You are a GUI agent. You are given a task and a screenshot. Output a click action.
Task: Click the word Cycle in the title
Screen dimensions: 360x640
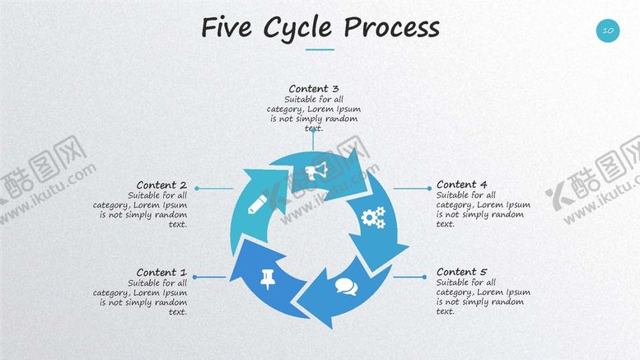[x=298, y=28]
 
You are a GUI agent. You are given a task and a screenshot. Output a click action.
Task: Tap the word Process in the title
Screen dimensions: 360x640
[x=391, y=28]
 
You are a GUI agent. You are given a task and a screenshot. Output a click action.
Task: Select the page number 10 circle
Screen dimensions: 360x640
[x=607, y=30]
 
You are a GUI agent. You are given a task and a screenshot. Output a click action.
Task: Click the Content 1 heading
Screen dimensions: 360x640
[x=161, y=273]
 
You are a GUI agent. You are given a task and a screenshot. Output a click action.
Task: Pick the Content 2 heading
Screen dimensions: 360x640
[x=161, y=185]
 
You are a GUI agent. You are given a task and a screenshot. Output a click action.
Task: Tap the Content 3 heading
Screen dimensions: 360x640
[x=314, y=88]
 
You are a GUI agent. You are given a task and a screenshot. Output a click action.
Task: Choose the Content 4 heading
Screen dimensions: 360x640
[x=462, y=185]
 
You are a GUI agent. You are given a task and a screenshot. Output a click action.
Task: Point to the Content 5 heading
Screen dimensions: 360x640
[x=462, y=272]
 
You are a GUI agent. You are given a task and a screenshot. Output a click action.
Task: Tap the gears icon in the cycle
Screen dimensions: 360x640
[x=374, y=217]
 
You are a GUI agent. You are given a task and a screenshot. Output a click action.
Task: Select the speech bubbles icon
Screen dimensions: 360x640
[x=346, y=288]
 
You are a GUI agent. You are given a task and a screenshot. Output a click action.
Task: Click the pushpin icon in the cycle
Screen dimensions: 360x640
[x=267, y=277]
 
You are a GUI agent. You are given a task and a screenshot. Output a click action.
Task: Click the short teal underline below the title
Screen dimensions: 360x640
[x=320, y=49]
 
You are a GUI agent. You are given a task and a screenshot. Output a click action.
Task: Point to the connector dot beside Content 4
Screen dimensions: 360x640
[x=429, y=189]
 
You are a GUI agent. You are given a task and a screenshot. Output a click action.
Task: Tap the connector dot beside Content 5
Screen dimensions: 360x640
[x=426, y=278]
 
